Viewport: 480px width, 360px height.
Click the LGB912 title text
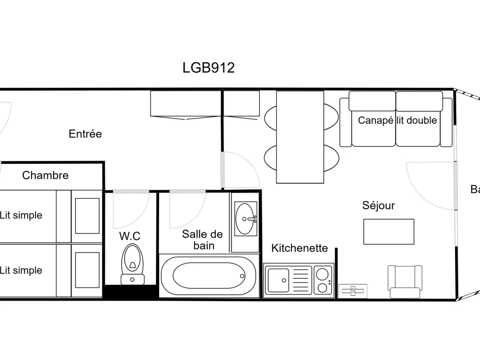click(208, 68)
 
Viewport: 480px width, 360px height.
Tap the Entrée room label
click(85, 134)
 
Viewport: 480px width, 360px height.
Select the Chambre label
click(45, 175)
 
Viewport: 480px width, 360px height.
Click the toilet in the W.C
click(132, 260)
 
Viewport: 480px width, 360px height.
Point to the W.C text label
click(130, 236)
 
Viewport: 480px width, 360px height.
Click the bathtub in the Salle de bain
click(208, 276)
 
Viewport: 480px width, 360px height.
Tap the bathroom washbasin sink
click(245, 219)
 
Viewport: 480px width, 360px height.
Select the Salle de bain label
click(202, 240)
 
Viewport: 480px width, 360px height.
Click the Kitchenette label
click(299, 248)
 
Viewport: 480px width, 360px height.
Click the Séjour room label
click(378, 206)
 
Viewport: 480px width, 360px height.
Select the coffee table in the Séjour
click(388, 232)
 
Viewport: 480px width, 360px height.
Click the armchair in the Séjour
click(405, 282)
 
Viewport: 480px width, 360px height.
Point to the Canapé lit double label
click(397, 120)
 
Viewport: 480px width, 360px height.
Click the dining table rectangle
click(300, 137)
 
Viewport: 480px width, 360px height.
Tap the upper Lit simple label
click(21, 215)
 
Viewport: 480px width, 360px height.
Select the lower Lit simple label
click(21, 270)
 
